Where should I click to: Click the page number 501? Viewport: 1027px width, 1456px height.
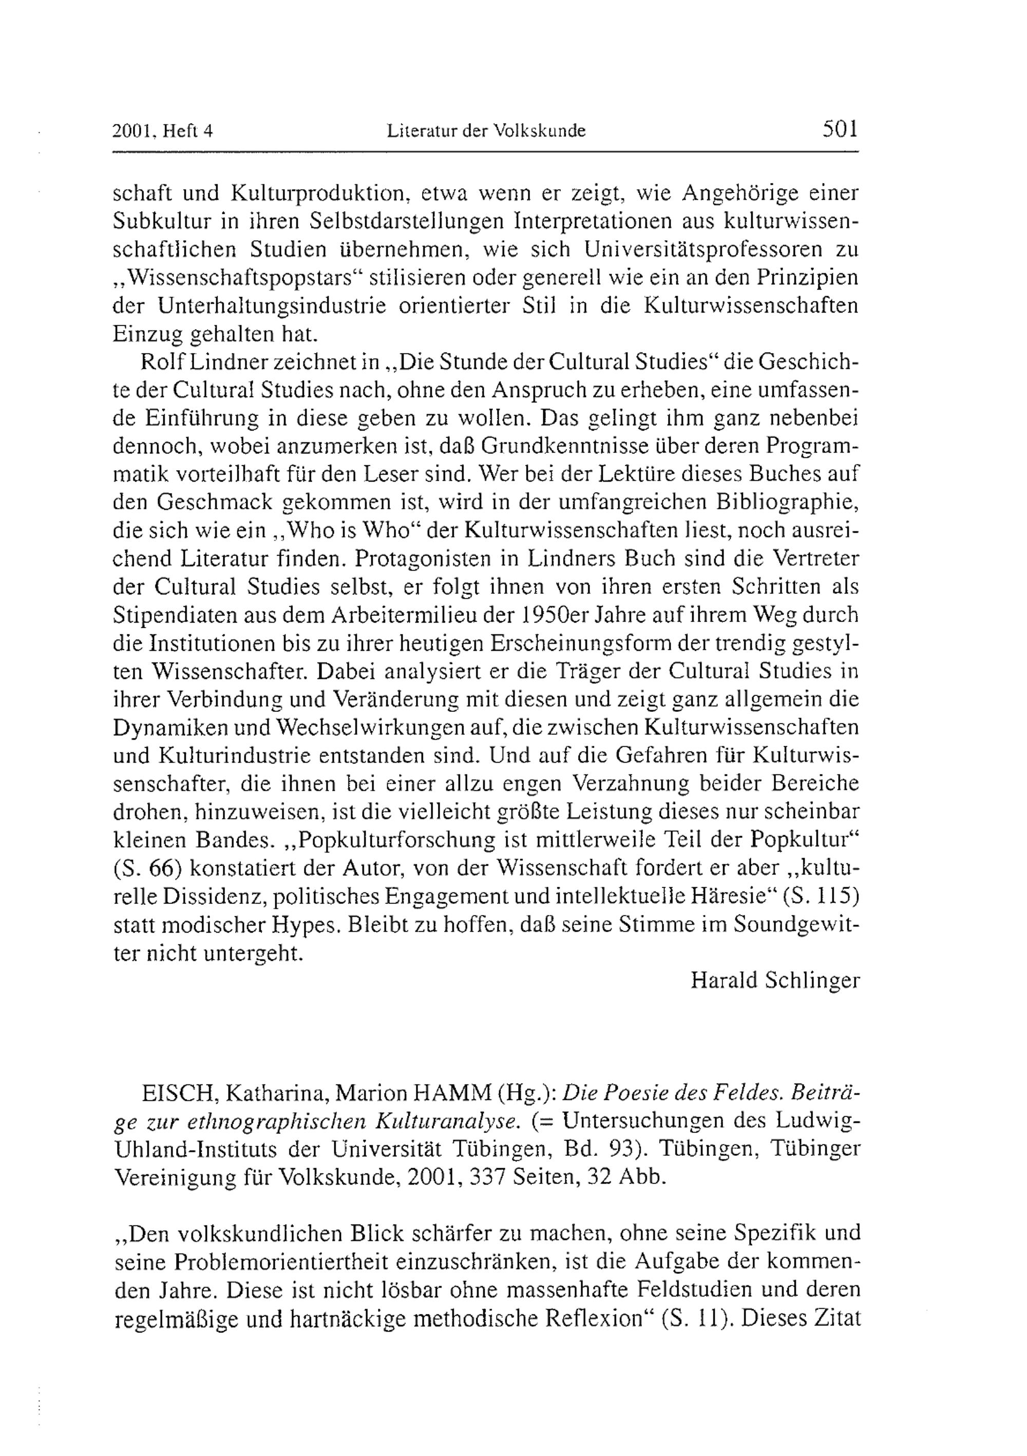pos(840,129)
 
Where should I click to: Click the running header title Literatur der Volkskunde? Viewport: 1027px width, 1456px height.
pos(486,131)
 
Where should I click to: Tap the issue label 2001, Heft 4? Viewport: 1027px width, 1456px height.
pos(162,131)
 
